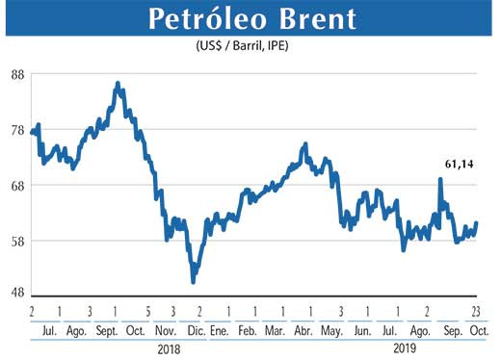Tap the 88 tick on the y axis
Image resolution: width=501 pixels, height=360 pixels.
coord(16,76)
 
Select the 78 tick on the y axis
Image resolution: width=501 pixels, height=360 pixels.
coord(16,131)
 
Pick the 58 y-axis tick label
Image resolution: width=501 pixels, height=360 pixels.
coord(16,241)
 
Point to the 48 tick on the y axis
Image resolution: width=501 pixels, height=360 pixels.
coord(16,296)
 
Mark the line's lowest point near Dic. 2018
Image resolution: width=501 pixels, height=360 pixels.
coord(194,281)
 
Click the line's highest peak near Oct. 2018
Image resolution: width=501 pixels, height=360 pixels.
coord(118,84)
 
